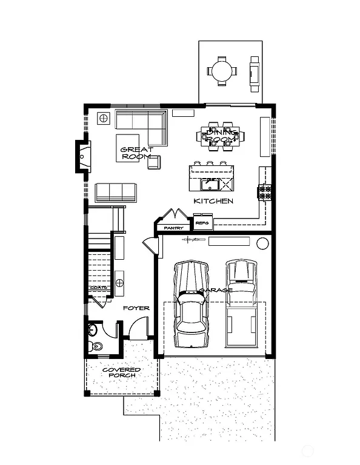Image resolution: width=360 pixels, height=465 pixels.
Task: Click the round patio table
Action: (219, 70)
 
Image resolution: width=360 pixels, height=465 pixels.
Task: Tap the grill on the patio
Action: (255, 70)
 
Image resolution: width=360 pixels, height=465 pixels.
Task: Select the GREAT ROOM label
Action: (136, 153)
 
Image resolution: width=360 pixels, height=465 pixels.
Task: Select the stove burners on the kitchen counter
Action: (265, 193)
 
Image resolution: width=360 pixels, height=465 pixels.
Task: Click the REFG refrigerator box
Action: (202, 223)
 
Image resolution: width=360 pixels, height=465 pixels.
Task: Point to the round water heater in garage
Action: (262, 243)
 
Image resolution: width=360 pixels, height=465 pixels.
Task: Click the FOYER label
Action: (136, 308)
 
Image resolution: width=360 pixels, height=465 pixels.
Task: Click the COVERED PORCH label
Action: (121, 372)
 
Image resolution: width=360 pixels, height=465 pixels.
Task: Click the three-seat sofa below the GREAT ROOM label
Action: (115, 192)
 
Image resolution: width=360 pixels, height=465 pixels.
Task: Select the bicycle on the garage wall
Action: (194, 240)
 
